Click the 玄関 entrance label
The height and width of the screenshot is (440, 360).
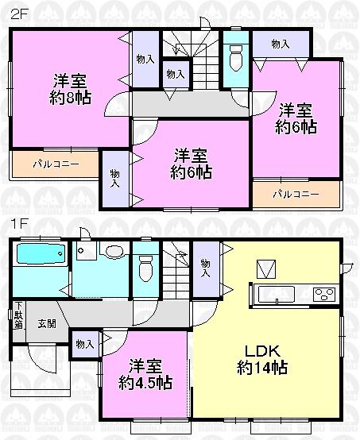(45, 323)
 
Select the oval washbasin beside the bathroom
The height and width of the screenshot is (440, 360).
(114, 253)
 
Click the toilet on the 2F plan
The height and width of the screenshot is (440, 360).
(235, 56)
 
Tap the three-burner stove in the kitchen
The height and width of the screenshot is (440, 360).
(324, 294)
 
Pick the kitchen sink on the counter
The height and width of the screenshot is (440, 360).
(274, 294)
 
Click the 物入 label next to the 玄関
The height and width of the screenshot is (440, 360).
(85, 344)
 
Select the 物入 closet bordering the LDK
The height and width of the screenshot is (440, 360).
(206, 268)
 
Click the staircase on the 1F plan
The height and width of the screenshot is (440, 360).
(177, 274)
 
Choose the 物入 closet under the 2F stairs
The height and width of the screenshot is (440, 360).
(176, 74)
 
